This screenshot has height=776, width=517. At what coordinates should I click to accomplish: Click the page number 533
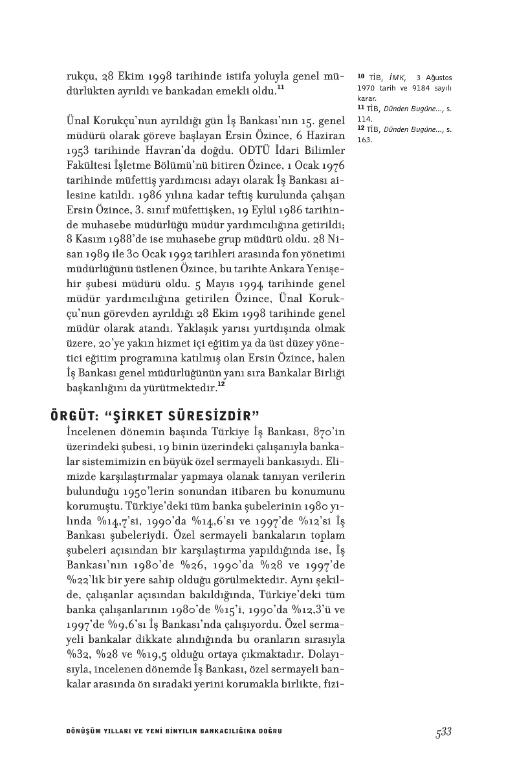443,731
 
